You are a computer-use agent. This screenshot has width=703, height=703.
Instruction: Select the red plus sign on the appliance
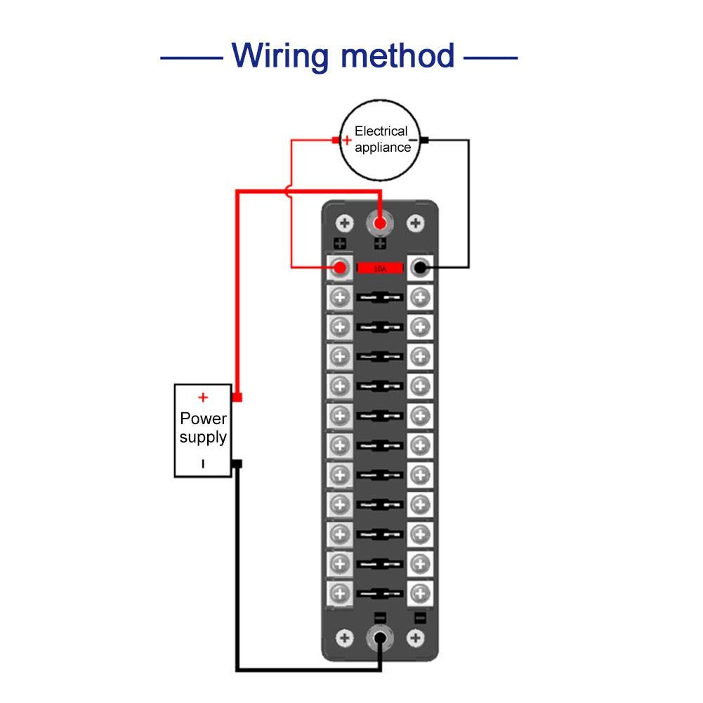pyautogui.click(x=346, y=140)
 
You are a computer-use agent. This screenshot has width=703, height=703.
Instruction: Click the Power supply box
pyautogui.click(x=203, y=431)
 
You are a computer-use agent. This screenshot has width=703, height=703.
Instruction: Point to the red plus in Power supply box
pyautogui.click(x=203, y=398)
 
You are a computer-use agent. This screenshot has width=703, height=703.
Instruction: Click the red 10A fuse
pyautogui.click(x=380, y=268)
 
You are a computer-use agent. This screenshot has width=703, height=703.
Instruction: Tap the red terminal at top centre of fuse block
pyautogui.click(x=380, y=224)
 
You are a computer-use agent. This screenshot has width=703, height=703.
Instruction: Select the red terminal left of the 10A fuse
pyautogui.click(x=341, y=268)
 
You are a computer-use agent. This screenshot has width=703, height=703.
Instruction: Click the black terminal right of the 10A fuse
pyautogui.click(x=421, y=268)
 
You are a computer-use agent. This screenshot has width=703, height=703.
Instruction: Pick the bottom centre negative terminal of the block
pyautogui.click(x=380, y=638)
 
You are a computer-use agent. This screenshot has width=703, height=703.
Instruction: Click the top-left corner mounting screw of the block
pyautogui.click(x=344, y=223)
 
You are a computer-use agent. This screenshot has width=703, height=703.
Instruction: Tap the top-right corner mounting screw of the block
pyautogui.click(x=416, y=223)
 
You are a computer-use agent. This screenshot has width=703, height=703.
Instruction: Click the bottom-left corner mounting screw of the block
pyautogui.click(x=344, y=638)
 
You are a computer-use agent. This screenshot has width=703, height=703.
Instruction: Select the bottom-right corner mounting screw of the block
pyautogui.click(x=416, y=638)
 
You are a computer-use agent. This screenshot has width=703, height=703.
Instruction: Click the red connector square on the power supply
pyautogui.click(x=237, y=398)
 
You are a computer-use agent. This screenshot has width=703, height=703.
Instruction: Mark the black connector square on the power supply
pyautogui.click(x=237, y=464)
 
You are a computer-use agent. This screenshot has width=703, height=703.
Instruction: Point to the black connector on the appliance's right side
pyautogui.click(x=425, y=140)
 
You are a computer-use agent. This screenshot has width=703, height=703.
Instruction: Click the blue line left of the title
pyautogui.click(x=191, y=57)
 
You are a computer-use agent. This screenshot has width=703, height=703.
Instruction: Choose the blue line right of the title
pyautogui.click(x=490, y=57)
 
